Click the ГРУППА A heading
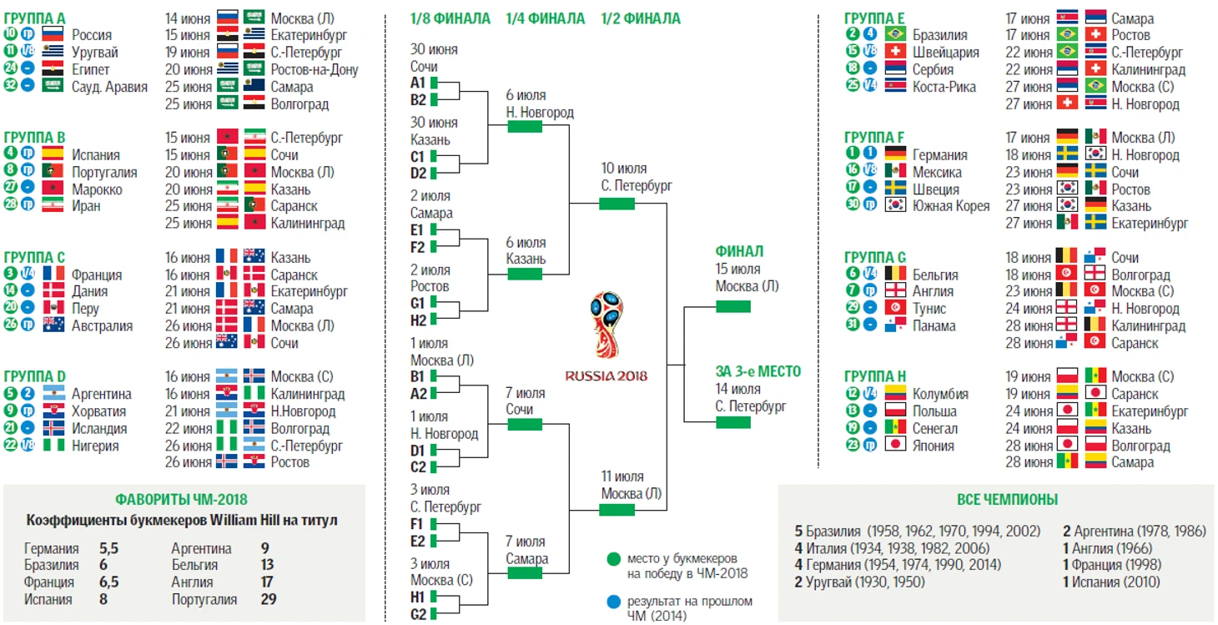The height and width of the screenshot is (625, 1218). (x=34, y=18)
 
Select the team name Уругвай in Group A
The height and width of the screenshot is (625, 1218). (x=94, y=53)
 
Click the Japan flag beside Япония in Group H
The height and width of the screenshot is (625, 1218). (x=895, y=445)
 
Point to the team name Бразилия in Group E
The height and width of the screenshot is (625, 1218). (x=939, y=35)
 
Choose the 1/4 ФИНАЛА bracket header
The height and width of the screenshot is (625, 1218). (x=546, y=18)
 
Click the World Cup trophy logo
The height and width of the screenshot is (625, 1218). (x=606, y=325)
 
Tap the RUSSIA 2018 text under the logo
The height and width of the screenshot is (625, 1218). (x=606, y=376)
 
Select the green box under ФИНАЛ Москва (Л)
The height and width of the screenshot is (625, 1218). (x=733, y=307)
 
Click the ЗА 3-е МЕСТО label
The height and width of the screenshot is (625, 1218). (x=758, y=371)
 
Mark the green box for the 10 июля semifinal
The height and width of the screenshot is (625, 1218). (x=617, y=204)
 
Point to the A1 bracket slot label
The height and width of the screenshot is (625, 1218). (x=418, y=83)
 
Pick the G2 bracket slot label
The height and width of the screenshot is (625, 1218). (x=418, y=614)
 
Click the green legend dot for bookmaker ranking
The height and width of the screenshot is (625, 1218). (x=613, y=559)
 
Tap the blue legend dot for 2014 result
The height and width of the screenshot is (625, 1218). (x=613, y=602)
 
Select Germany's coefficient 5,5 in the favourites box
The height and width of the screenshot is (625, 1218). (x=108, y=547)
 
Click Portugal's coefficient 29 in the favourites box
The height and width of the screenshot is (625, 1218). (x=269, y=599)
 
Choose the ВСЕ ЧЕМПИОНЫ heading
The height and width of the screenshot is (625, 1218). (x=1007, y=499)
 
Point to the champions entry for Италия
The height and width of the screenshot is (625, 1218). (x=892, y=547)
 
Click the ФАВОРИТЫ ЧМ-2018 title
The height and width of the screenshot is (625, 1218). (x=181, y=499)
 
